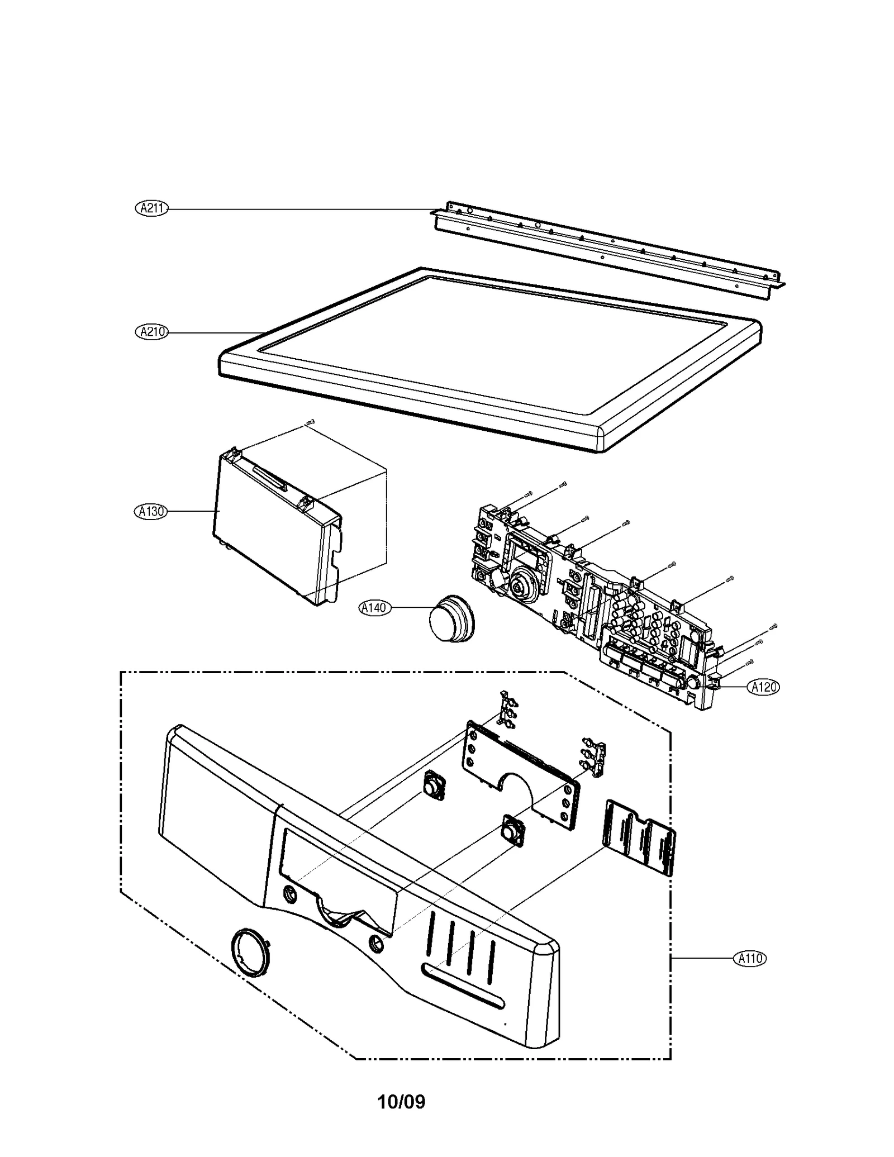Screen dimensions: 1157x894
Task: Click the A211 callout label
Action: tap(151, 208)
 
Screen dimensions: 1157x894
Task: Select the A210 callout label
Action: tap(151, 332)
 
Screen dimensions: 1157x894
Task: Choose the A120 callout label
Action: tap(763, 687)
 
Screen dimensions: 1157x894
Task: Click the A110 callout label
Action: tap(749, 958)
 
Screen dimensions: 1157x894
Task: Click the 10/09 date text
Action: tap(401, 1102)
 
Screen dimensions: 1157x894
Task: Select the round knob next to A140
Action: tap(451, 620)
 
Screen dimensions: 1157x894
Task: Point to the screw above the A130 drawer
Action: tap(311, 423)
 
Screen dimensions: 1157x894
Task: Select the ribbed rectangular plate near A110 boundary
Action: tap(639, 838)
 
